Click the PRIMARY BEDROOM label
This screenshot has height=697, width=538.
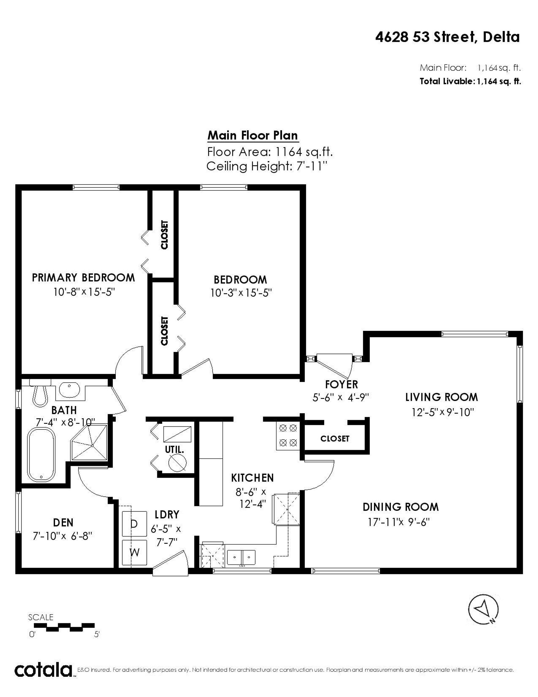83,278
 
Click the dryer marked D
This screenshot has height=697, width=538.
134,524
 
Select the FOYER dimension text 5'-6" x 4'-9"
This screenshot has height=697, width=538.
341,397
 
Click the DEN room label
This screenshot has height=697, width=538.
63,523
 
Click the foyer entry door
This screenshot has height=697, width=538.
334,366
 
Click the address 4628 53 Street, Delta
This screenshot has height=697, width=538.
447,37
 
